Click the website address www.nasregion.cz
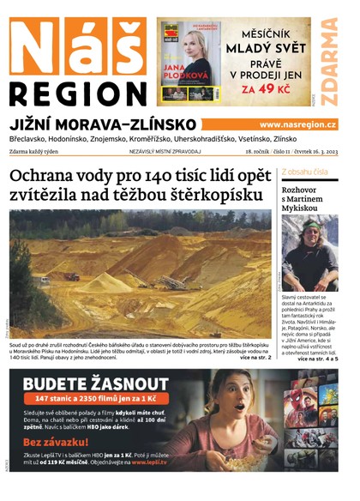point(297,124)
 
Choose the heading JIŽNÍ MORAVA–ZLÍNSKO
point(102,124)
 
